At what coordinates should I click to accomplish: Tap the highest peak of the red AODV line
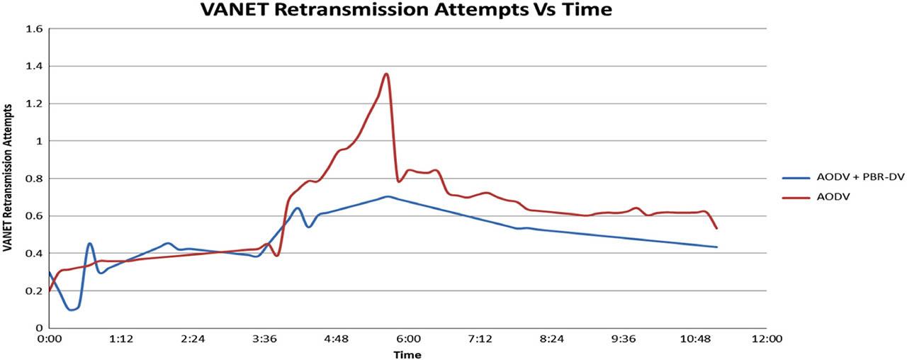pos(386,74)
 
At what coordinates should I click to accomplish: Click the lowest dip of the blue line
pos(71,309)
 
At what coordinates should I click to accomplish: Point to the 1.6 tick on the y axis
pos(35,29)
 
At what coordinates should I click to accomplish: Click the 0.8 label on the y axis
pos(35,179)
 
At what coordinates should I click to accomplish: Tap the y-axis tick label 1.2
pos(35,103)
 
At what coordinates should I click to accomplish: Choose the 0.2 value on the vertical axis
pos(35,291)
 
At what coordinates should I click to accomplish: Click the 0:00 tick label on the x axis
pos(50,339)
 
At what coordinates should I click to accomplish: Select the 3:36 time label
pos(265,339)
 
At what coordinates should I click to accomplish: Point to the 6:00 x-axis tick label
pos(409,339)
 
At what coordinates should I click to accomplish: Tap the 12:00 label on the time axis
pos(767,339)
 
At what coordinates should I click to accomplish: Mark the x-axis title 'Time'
pos(407,354)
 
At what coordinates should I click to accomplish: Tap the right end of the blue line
pos(717,247)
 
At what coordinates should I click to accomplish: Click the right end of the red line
pos(717,228)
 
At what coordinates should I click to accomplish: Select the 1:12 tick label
pos(121,339)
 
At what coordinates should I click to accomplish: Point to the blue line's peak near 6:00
pos(387,196)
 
